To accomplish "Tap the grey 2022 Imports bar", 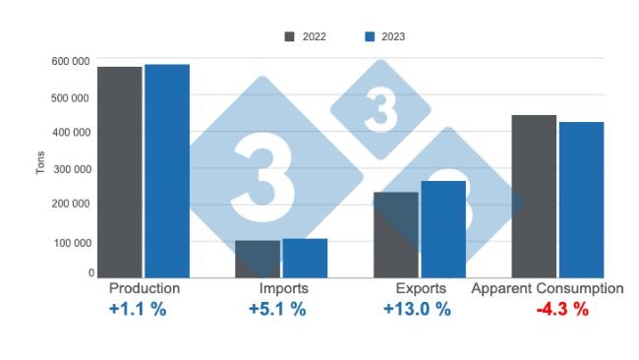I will coord(258,259).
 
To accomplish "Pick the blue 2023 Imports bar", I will coord(305,258).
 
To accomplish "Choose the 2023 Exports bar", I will coord(443,229).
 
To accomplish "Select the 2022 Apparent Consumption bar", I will coord(534,196).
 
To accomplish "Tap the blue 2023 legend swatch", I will coord(371,37).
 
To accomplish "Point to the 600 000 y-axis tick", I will coord(72,62).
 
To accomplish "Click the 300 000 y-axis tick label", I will coord(72,169).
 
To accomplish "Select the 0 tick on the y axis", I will coord(90,272).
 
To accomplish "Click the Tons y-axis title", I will coord(40,163).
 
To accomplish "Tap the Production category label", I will coord(145,289).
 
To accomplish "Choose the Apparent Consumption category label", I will coord(548,289).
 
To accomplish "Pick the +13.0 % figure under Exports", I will coord(418,310).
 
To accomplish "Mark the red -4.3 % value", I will coord(562,310).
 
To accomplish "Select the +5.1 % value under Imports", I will coord(276,310).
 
